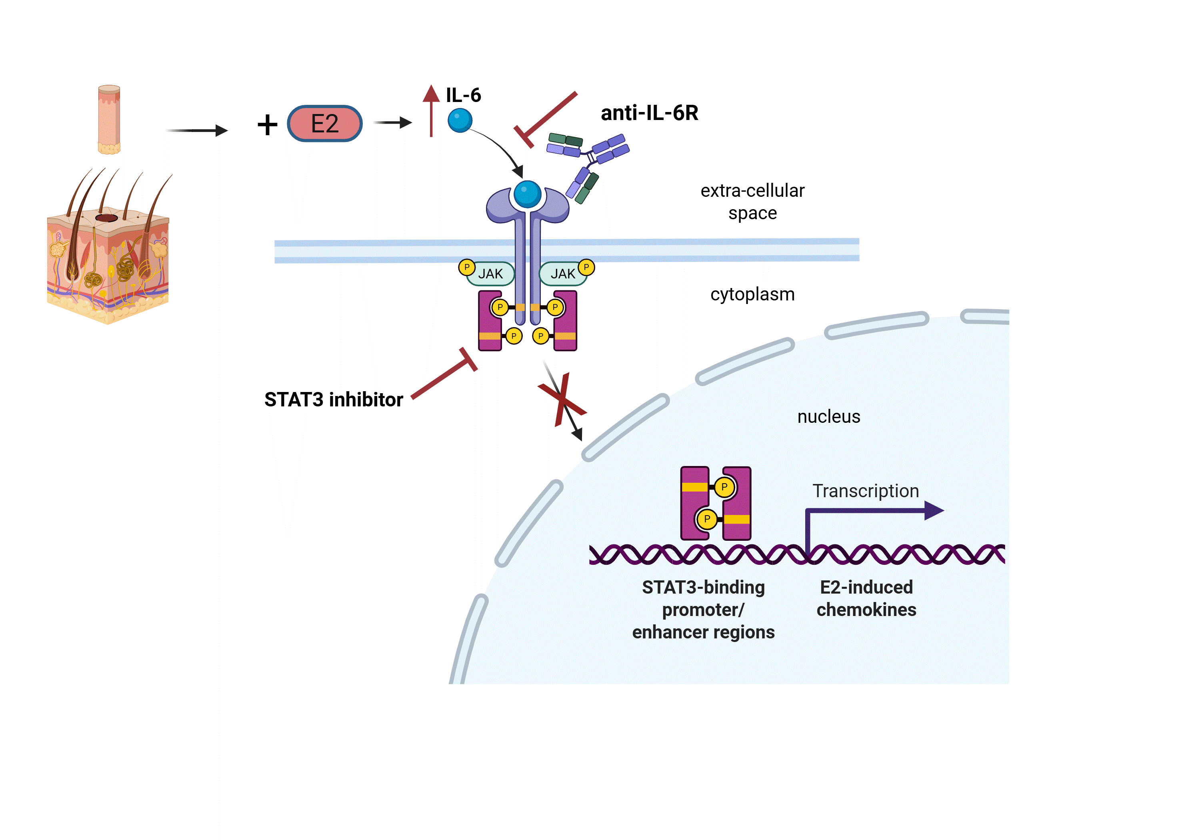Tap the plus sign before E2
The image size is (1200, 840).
pos(267,125)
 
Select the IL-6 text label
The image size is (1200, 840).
pos(463,95)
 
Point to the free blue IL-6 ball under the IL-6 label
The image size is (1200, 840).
pos(460,120)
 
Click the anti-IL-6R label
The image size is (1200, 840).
pos(649,113)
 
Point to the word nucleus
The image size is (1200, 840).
pos(828,417)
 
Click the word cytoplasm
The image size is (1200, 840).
pos(752,294)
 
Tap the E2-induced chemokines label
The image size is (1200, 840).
pos(866,598)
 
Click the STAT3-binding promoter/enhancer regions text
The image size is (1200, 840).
pos(703,610)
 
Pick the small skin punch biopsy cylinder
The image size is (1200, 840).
pos(109,120)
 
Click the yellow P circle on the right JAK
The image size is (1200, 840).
pos(586,267)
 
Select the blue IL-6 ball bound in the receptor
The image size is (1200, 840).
pos(527,194)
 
